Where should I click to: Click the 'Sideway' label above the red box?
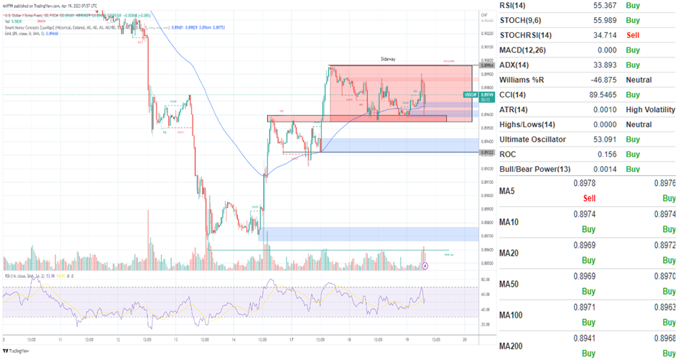389,59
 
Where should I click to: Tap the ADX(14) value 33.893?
602,65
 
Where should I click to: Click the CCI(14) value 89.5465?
598,95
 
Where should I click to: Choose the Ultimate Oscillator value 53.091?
602,139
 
